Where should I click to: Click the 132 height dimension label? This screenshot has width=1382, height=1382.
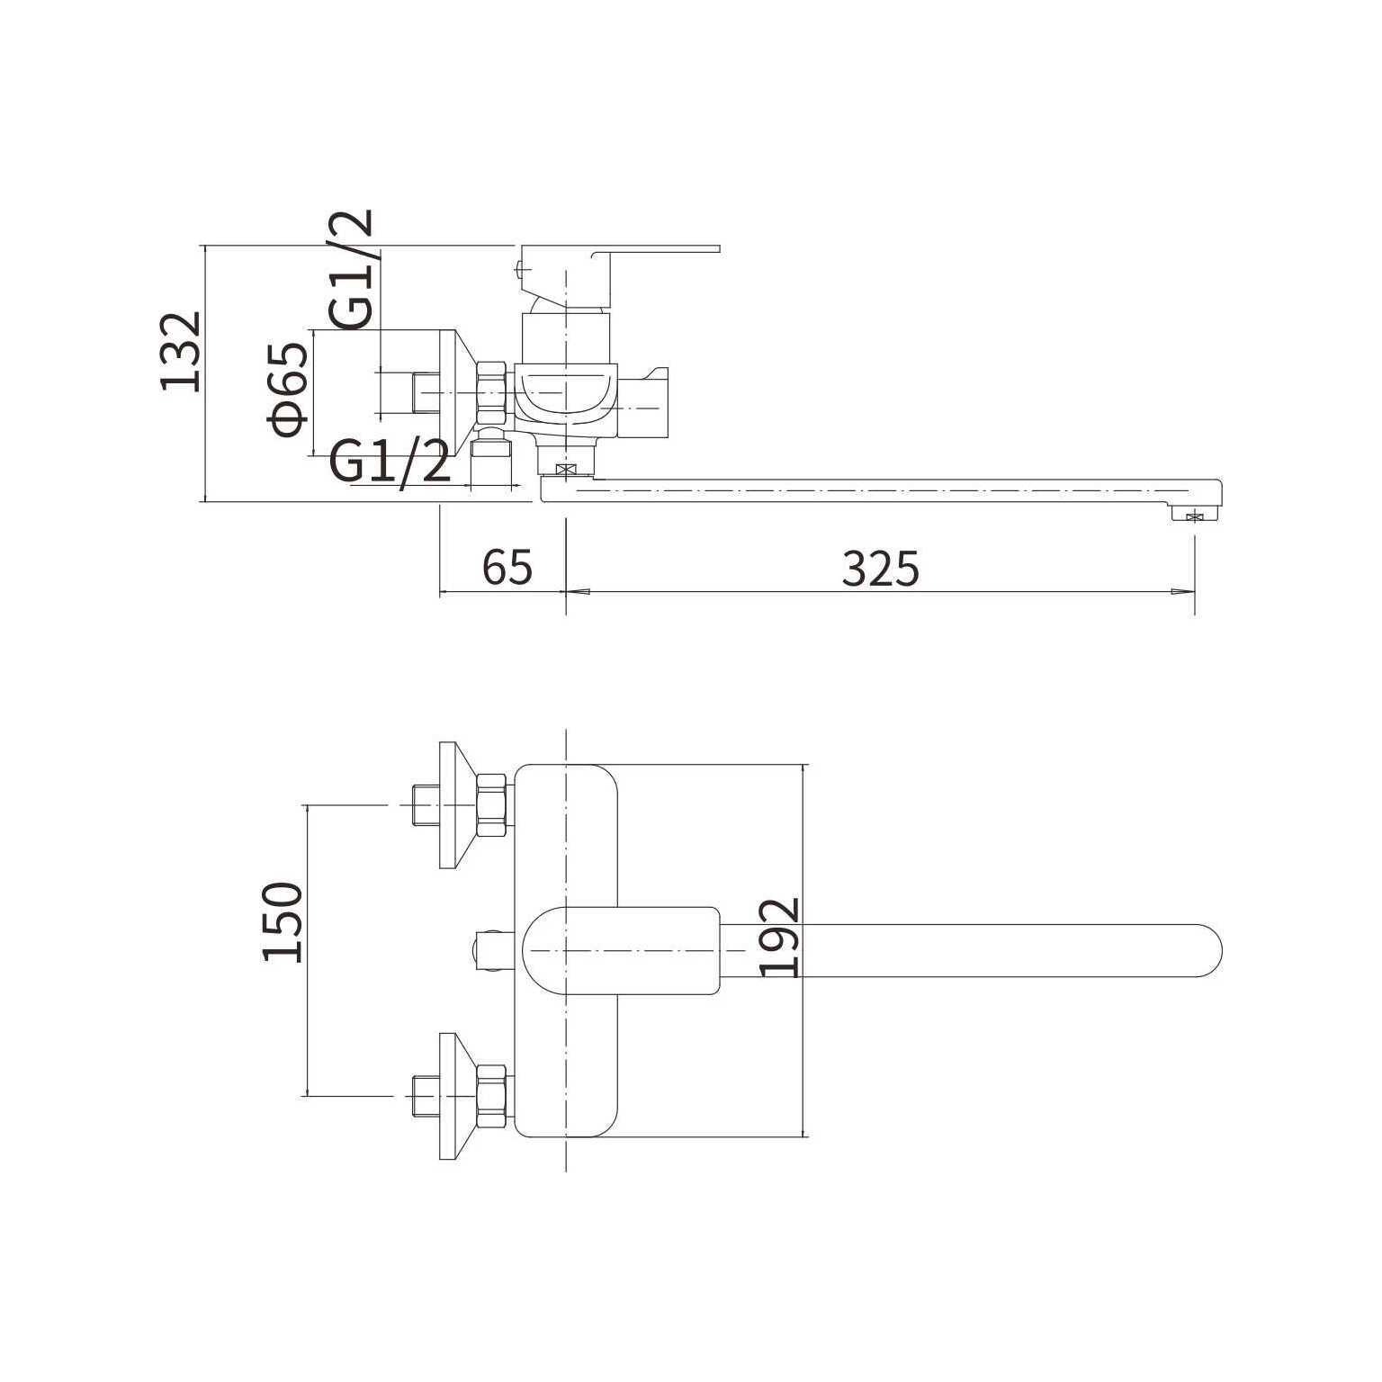179,352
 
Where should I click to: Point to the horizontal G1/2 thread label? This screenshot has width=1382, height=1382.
390,462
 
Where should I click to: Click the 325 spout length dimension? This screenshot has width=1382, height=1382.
881,568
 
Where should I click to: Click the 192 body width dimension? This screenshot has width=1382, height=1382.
779,937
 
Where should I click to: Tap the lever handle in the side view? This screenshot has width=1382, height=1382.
621,269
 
